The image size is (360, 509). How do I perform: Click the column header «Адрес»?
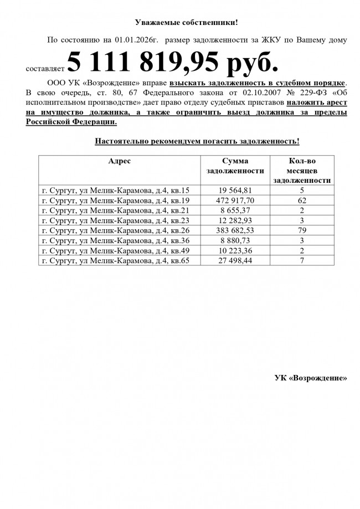(119, 161)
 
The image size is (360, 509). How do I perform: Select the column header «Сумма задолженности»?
(235, 166)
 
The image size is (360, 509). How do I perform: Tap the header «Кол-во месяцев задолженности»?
(302, 170)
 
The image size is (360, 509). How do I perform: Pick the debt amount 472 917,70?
(235, 200)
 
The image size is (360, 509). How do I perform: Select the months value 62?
(302, 200)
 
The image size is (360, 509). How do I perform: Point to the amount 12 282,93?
(235, 220)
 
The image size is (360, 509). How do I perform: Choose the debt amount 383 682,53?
(235, 230)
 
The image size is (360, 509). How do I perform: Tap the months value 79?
(302, 230)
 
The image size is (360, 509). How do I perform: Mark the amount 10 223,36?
(235, 250)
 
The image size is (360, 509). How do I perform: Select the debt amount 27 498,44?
(235, 260)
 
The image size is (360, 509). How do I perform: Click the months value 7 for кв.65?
(302, 260)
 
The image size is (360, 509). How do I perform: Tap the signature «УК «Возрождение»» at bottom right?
(311, 378)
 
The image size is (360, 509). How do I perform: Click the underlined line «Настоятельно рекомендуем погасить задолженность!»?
(197, 141)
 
